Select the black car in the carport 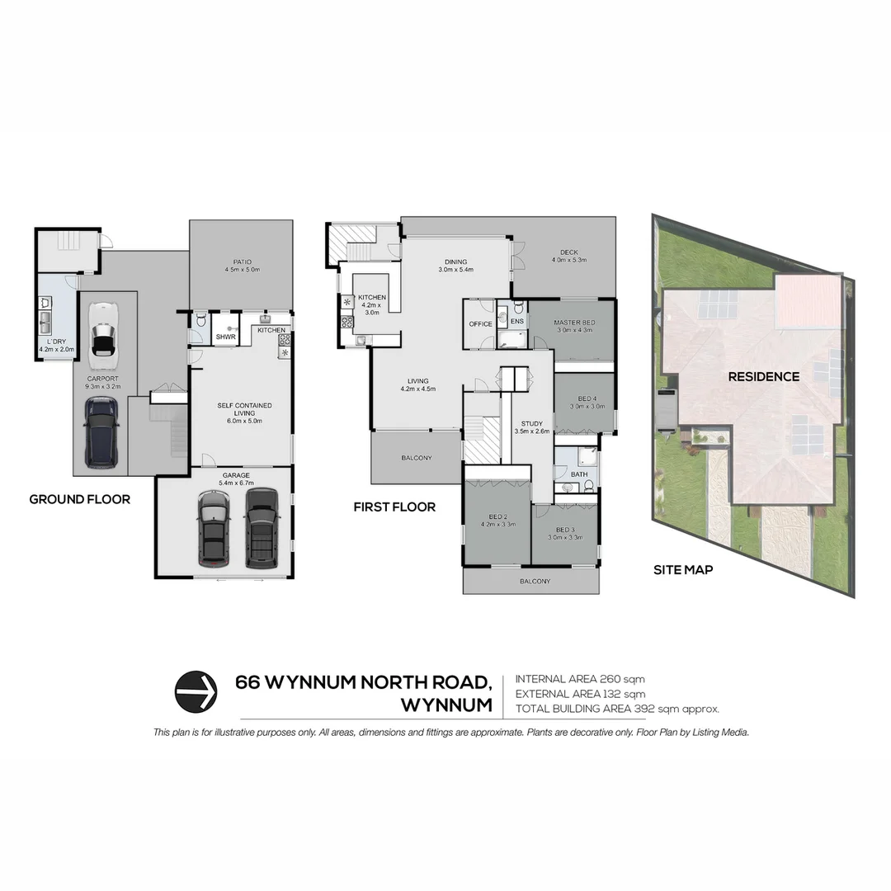(101, 431)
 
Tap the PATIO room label (241, 265)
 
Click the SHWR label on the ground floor (225, 337)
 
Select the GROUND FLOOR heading (79, 499)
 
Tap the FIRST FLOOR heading (394, 507)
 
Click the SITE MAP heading (683, 569)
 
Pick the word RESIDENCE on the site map (763, 376)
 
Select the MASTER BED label (574, 322)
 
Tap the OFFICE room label (480, 324)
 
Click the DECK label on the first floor (568, 253)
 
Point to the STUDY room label (531, 424)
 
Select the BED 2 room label (496, 518)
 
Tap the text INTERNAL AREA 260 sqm (576, 678)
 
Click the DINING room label (456, 262)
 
